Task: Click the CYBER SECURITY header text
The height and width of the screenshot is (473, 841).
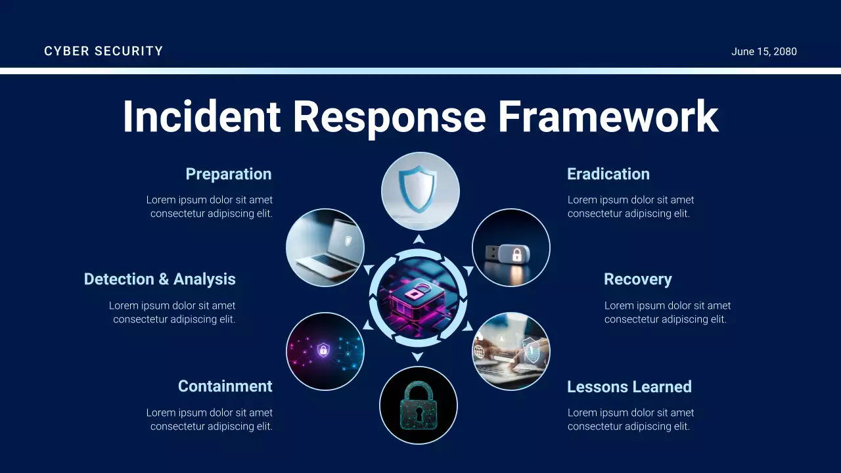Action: coord(103,51)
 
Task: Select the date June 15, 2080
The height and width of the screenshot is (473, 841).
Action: coord(763,52)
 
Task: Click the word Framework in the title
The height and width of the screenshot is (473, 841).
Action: coord(608,117)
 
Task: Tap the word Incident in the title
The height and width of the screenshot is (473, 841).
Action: coord(201,117)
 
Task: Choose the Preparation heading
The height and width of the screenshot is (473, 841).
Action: coord(228,174)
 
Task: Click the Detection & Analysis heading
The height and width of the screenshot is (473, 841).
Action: coord(160,279)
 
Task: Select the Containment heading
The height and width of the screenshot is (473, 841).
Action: coord(225,386)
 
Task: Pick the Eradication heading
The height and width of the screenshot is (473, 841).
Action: coord(608,174)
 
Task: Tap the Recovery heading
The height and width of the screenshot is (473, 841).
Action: coord(637,279)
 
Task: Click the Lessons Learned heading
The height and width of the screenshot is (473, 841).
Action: coord(629,387)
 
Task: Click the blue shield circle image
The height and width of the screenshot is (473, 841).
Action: coord(420,191)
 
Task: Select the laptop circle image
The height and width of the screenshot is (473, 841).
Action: coord(325,248)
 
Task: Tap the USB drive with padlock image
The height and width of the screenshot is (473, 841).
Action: coord(511,248)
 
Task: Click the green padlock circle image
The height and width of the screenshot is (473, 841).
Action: coord(419,405)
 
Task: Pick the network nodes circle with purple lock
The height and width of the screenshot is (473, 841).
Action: coord(325,351)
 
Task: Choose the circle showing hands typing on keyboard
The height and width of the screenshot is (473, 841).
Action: coord(511,351)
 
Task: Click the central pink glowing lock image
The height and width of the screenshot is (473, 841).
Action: coord(418,298)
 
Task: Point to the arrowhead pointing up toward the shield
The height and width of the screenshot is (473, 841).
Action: coord(419,239)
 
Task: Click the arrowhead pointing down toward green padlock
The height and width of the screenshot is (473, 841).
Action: coord(417,357)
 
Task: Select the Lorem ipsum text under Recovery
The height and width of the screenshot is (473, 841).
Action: coord(667,312)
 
